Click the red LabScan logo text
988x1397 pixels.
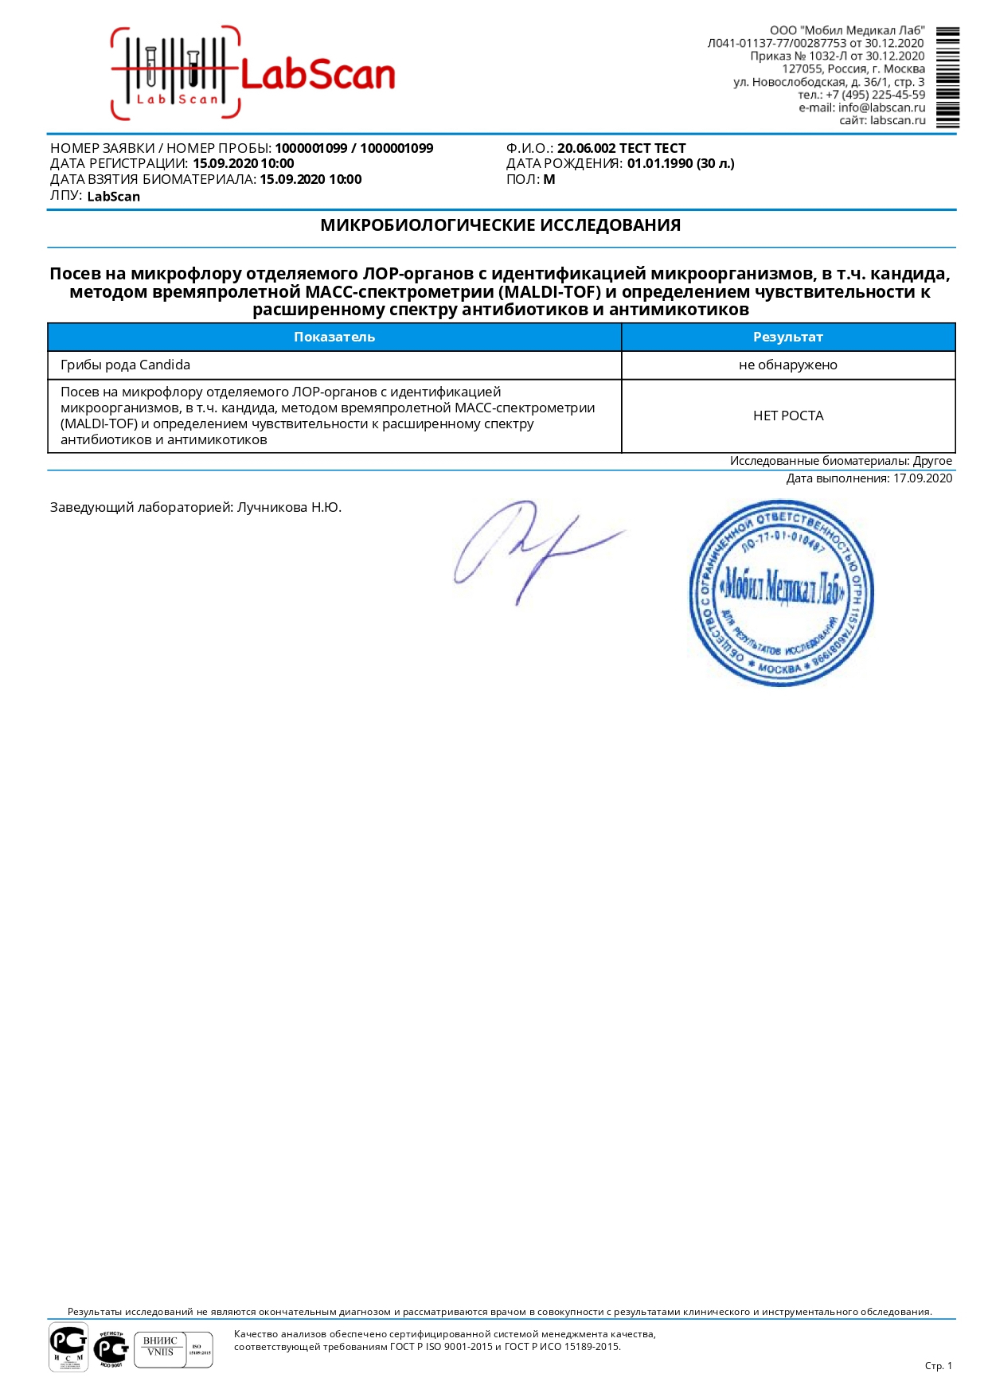pos(317,75)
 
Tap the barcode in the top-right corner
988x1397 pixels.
pos(947,78)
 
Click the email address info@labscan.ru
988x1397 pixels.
pos(881,107)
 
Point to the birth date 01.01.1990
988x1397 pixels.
pos(660,163)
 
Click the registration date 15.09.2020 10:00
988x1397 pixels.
pos(243,163)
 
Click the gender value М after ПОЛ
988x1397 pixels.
pos(549,179)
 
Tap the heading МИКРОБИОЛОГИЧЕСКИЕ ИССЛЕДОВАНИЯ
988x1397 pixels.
pos(500,225)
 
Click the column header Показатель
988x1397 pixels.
pos(334,337)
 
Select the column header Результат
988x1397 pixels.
pos(787,337)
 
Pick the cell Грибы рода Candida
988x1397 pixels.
pos(125,365)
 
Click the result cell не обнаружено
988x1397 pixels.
pos(787,365)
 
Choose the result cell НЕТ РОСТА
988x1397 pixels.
pos(787,416)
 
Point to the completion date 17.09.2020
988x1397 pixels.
pos(922,478)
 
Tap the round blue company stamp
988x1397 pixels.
pos(780,593)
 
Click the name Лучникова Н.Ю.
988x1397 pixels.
pos(289,507)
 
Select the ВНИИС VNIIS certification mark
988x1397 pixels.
pos(161,1346)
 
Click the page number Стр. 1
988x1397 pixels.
pos(938,1365)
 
